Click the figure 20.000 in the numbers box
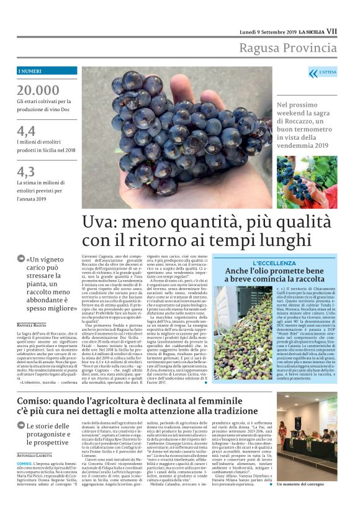(x=38, y=89)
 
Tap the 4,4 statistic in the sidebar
(x=26, y=130)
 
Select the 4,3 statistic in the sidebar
(x=26, y=171)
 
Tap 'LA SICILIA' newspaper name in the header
(x=311, y=32)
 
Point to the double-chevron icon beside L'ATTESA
(x=313, y=73)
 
